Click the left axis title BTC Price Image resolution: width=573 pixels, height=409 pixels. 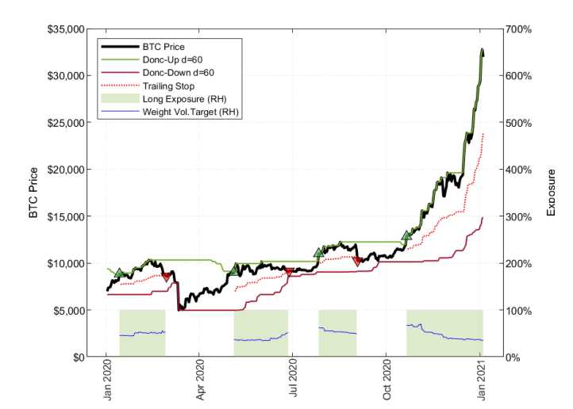pos(34,193)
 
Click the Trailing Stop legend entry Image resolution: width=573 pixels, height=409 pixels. pos(167,86)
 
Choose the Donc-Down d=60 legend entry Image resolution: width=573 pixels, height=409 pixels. pos(175,72)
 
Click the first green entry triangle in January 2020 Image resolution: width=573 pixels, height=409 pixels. pos(119,273)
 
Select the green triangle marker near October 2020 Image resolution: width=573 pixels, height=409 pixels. pos(407,235)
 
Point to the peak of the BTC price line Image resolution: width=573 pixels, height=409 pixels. pos(482,50)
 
